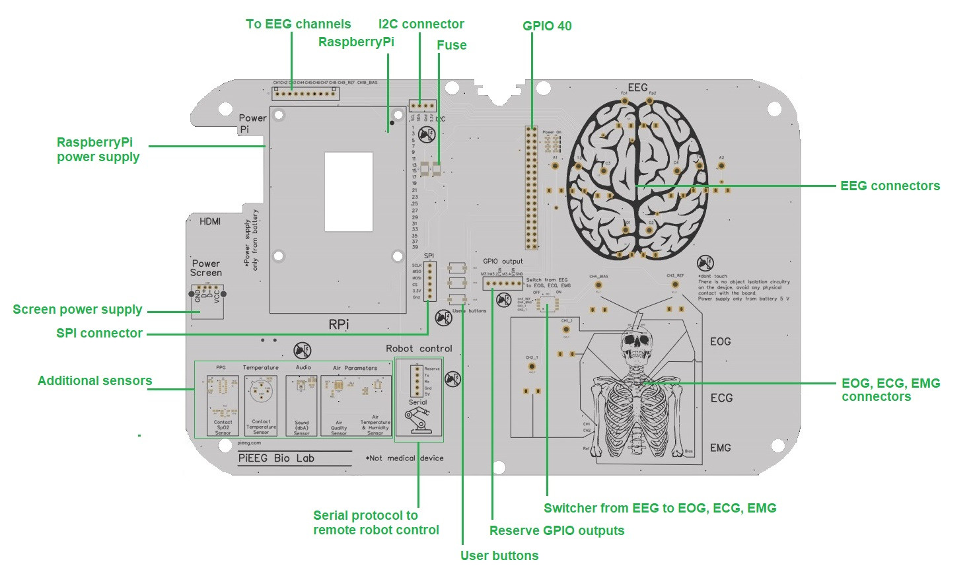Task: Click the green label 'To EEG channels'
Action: tap(298, 24)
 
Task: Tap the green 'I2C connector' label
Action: tap(421, 24)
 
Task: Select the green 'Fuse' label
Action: tap(451, 46)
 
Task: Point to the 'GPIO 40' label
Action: tap(547, 26)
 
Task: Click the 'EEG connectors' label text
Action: tap(890, 186)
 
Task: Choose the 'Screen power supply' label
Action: tap(77, 310)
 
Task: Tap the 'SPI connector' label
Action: tap(99, 334)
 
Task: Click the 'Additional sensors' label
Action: tap(94, 381)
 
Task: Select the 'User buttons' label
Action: tap(499, 555)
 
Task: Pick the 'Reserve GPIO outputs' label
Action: tap(556, 531)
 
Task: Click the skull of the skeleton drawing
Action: tap(635, 343)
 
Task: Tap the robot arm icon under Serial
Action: tap(417, 421)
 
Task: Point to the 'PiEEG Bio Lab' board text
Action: tap(276, 458)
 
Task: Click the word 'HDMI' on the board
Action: tap(210, 222)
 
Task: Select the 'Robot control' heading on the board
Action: tap(419, 349)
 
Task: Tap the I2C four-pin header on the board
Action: tap(422, 105)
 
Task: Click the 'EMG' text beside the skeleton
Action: tap(720, 448)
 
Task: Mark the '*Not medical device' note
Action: tap(404, 458)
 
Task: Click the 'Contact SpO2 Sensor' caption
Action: tap(223, 427)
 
